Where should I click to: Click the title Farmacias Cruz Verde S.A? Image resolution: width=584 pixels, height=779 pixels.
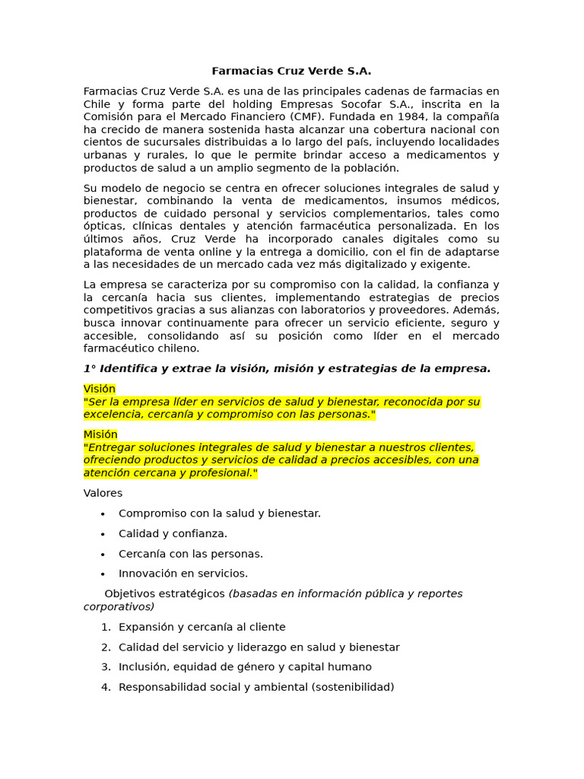291,72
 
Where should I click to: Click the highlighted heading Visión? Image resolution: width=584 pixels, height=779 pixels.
100,389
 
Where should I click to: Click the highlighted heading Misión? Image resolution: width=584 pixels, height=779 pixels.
100,434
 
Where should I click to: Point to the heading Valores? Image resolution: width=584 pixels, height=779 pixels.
103,493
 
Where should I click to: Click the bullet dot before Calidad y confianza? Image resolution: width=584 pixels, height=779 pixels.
103,534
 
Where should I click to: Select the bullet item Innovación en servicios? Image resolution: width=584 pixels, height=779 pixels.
183,574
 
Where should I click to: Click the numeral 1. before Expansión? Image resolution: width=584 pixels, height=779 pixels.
106,628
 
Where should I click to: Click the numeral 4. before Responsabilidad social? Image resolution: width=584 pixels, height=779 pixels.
106,687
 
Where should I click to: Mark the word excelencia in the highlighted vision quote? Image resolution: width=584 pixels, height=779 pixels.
112,415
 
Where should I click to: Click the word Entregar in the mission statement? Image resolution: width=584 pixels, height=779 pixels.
112,447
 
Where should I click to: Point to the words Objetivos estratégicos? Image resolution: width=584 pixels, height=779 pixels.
164,593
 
